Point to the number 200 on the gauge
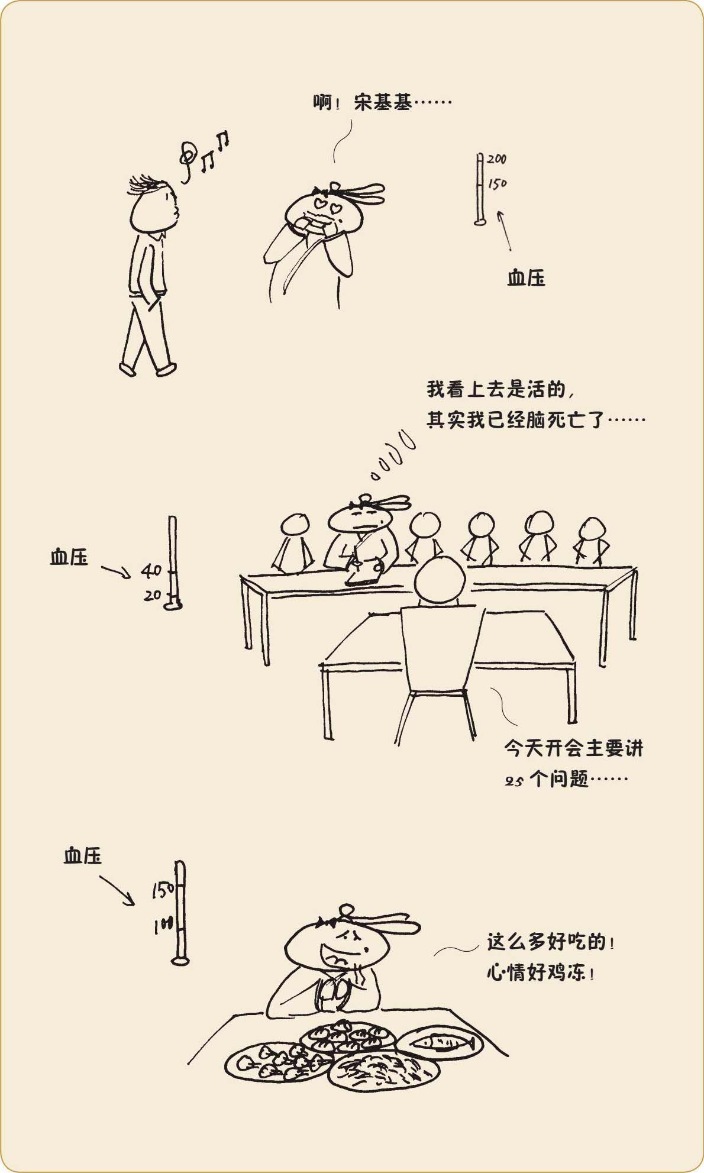[497, 159]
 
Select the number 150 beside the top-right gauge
[498, 183]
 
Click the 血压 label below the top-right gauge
[526, 278]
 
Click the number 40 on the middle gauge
[151, 570]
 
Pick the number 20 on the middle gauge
[153, 595]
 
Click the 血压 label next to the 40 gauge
[69, 557]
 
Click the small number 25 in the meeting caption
[514, 781]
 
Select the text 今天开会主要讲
[573, 748]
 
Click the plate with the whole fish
[439, 1042]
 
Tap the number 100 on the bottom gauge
[163, 925]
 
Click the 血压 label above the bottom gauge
[83, 856]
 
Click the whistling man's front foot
[166, 369]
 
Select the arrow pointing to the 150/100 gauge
[117, 891]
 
